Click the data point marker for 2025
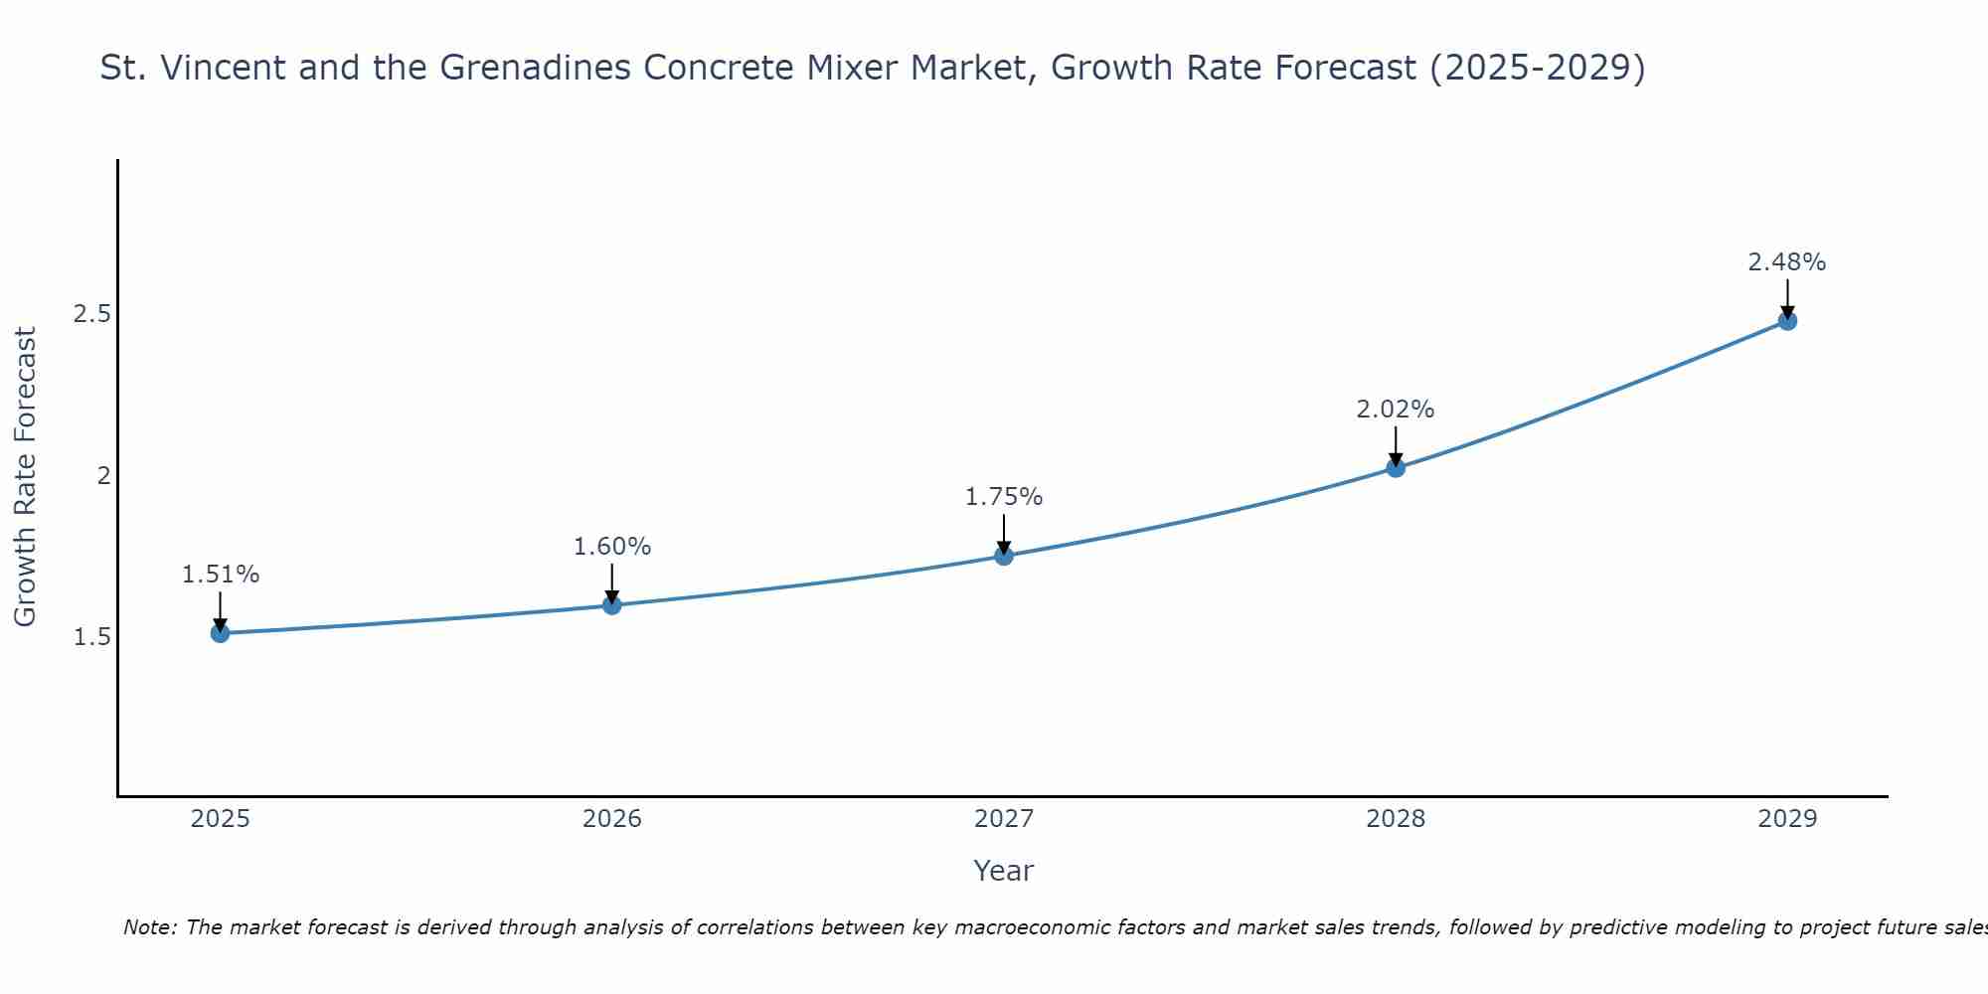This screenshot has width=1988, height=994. (221, 633)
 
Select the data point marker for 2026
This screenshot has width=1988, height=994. (612, 604)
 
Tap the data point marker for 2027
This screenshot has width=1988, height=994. (1004, 556)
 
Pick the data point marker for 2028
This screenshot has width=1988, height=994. (1396, 468)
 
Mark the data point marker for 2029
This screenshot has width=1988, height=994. (1787, 321)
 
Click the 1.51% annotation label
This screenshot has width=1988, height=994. (221, 575)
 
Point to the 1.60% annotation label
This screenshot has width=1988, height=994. (612, 547)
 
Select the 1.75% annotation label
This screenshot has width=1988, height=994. (1004, 497)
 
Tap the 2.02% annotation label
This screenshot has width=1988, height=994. (1396, 410)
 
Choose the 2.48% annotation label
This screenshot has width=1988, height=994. (1787, 262)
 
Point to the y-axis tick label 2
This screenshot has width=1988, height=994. (103, 476)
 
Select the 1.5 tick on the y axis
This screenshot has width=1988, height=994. (92, 637)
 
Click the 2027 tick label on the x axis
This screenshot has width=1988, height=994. (1004, 819)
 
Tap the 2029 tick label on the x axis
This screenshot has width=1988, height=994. (1787, 819)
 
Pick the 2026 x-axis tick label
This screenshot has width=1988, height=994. (612, 819)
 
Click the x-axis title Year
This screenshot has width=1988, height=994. (1004, 871)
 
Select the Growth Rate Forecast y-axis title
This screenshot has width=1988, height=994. (25, 477)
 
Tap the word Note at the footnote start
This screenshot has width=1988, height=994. (149, 927)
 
